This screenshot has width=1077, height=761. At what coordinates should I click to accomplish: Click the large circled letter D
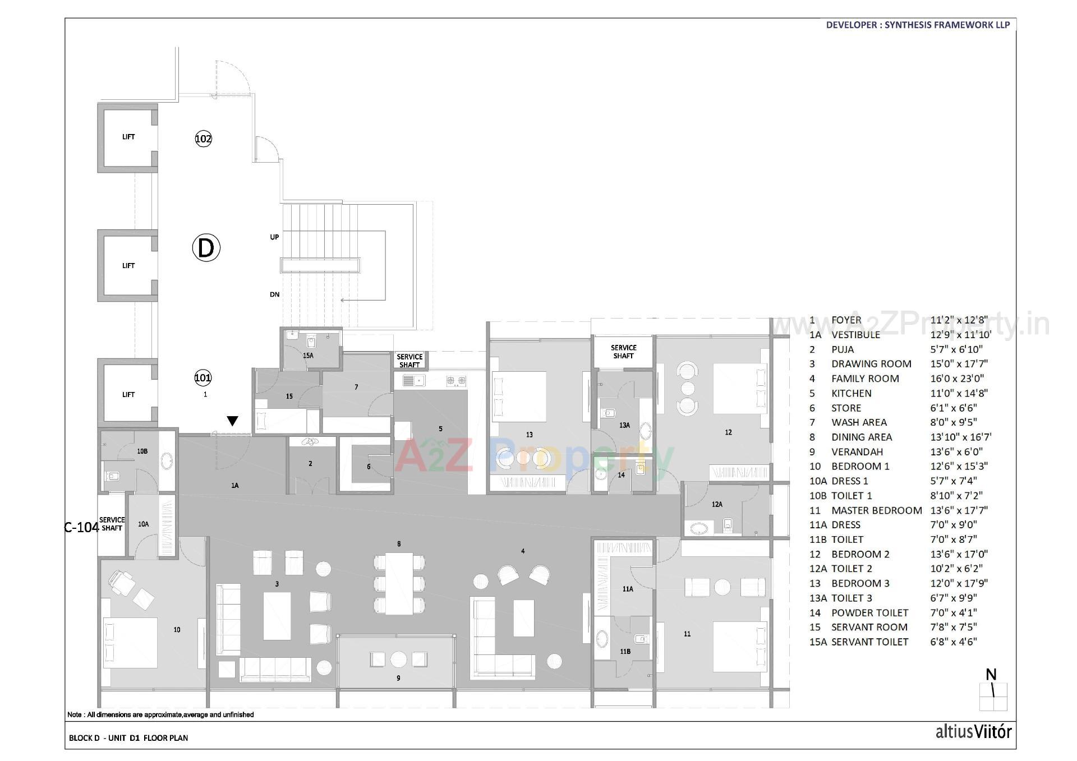[206, 248]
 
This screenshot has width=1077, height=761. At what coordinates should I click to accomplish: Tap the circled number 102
[203, 139]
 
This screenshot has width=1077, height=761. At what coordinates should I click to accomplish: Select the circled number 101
[202, 377]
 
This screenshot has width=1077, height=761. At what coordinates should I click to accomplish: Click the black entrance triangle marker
[232, 421]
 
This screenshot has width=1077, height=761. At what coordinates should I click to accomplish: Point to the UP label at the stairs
[274, 237]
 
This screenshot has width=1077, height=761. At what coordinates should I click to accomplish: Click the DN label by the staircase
[274, 294]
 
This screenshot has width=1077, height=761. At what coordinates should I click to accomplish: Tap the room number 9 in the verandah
[398, 678]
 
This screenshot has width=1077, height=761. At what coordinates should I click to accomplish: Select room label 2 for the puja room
[310, 463]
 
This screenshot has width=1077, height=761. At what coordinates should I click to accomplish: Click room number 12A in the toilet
[717, 504]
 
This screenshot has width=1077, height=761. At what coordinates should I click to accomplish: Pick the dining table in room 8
[399, 583]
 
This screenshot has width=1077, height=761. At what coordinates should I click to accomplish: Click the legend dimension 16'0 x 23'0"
[957, 379]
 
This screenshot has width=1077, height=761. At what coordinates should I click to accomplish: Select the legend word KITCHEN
[851, 393]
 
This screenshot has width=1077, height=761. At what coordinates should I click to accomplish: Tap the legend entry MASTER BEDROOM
[876, 510]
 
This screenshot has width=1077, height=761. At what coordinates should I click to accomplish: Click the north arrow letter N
[991, 675]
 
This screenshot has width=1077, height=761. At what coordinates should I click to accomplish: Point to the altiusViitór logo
[973, 732]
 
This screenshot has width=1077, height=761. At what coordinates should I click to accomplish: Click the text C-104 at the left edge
[82, 527]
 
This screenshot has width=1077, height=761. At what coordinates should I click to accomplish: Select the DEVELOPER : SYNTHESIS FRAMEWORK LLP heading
[918, 25]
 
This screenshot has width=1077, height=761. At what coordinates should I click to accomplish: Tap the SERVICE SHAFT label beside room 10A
[112, 524]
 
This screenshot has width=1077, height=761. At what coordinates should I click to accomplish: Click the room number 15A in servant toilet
[307, 356]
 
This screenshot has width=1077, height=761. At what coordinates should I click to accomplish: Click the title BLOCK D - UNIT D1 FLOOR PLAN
[128, 738]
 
